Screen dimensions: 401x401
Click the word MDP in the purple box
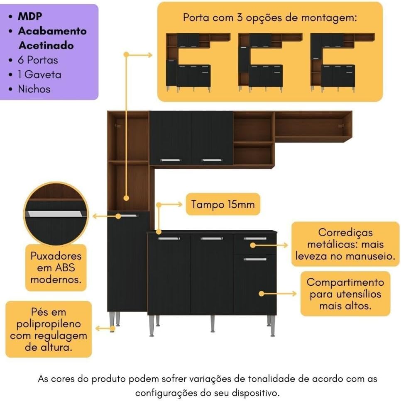click(30, 16)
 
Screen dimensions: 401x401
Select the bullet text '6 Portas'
click(38, 60)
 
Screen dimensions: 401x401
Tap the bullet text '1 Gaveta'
click(40, 74)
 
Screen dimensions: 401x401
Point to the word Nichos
click(34, 89)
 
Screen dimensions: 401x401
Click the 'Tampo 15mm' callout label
click(223, 204)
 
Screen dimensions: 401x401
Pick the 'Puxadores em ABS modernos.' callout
click(56, 268)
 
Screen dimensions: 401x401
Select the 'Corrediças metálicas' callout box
click(345, 244)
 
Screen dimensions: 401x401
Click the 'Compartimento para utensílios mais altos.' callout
click(345, 294)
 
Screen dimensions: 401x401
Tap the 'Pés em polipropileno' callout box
click(49, 329)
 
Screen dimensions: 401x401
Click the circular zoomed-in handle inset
click(56, 214)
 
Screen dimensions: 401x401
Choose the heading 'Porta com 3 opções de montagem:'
click(270, 18)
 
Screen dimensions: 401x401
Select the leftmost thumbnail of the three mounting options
click(198, 62)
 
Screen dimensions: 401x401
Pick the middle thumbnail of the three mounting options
click(270, 62)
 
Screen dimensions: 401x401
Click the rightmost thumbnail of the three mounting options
click(342, 62)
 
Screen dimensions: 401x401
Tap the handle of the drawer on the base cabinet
click(255, 238)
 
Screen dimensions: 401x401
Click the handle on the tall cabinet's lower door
click(127, 216)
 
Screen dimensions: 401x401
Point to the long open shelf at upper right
click(313, 126)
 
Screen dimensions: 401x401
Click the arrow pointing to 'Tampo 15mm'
click(169, 204)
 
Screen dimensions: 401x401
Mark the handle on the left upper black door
click(171, 160)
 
